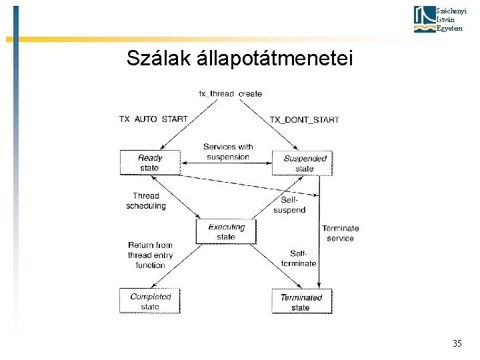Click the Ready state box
coord(150,163)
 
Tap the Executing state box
coord(226,231)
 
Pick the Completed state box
coord(150,301)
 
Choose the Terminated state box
coord(301,302)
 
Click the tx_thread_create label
coord(230,93)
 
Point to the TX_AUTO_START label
coord(153,119)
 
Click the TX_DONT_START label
coord(304,119)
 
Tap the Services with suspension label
coord(228,152)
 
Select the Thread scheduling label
coord(145,201)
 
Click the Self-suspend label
coord(289,205)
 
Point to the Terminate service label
coord(340,233)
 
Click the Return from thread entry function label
coord(150,255)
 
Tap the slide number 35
coord(457,344)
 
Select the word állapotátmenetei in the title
coord(274,59)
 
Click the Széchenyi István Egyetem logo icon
coord(424,19)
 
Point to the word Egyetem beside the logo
coord(448,28)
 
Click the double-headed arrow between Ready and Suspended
coord(227,163)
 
